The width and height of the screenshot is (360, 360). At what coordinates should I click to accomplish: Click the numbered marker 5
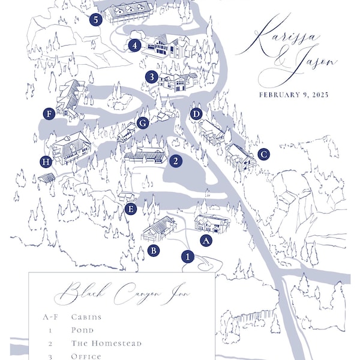(95, 20)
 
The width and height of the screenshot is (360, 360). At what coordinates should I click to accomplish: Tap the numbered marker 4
(134, 45)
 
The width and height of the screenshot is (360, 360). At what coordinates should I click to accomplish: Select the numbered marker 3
(152, 77)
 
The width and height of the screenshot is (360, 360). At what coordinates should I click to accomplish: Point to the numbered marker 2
(175, 161)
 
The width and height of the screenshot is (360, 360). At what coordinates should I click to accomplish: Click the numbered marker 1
(188, 257)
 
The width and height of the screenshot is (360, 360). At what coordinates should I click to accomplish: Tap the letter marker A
(206, 241)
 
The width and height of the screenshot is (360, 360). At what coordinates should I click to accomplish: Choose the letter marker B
(154, 251)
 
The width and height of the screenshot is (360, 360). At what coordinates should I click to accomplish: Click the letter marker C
(263, 154)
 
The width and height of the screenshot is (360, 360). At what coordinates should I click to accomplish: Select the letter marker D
(196, 114)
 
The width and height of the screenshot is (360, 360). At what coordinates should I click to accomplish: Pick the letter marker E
(131, 209)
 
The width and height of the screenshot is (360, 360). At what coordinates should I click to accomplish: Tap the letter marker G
(142, 123)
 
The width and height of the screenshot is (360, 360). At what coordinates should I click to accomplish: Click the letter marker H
(46, 161)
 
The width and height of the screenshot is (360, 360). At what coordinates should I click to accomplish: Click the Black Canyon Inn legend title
(121, 293)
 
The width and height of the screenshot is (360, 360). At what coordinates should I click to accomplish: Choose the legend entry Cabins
(86, 317)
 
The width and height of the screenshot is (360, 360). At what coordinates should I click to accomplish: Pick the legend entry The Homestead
(106, 343)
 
